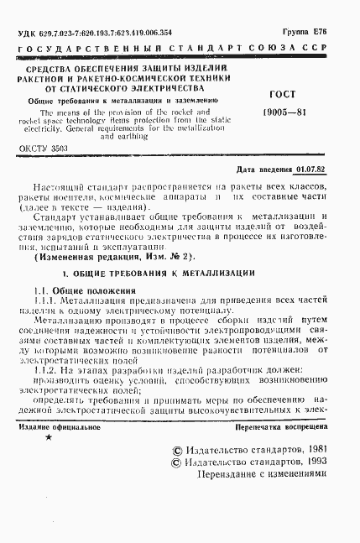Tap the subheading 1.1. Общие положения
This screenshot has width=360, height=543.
[x=84, y=290]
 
